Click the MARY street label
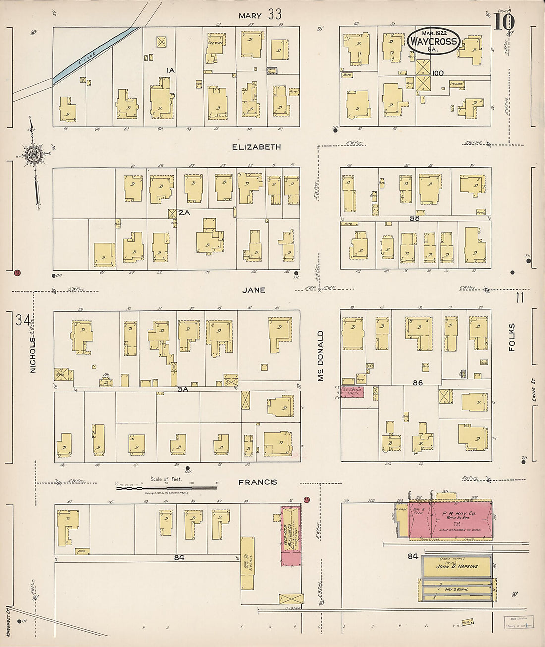click(x=250, y=16)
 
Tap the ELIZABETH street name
click(x=257, y=147)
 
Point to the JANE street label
click(x=253, y=290)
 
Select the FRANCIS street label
click(x=258, y=482)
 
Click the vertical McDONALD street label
click(x=320, y=355)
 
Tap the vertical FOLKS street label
click(x=512, y=337)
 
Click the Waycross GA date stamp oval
click(x=433, y=41)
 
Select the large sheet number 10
click(x=504, y=22)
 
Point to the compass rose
click(x=34, y=155)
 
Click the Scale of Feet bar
click(x=166, y=488)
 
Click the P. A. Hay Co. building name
click(x=458, y=514)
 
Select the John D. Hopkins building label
click(x=456, y=566)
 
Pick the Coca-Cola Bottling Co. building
click(x=291, y=534)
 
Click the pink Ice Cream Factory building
click(x=352, y=392)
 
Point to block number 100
click(x=437, y=73)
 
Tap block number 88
click(x=414, y=218)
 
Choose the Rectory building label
click(x=215, y=43)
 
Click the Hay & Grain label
click(x=456, y=589)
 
